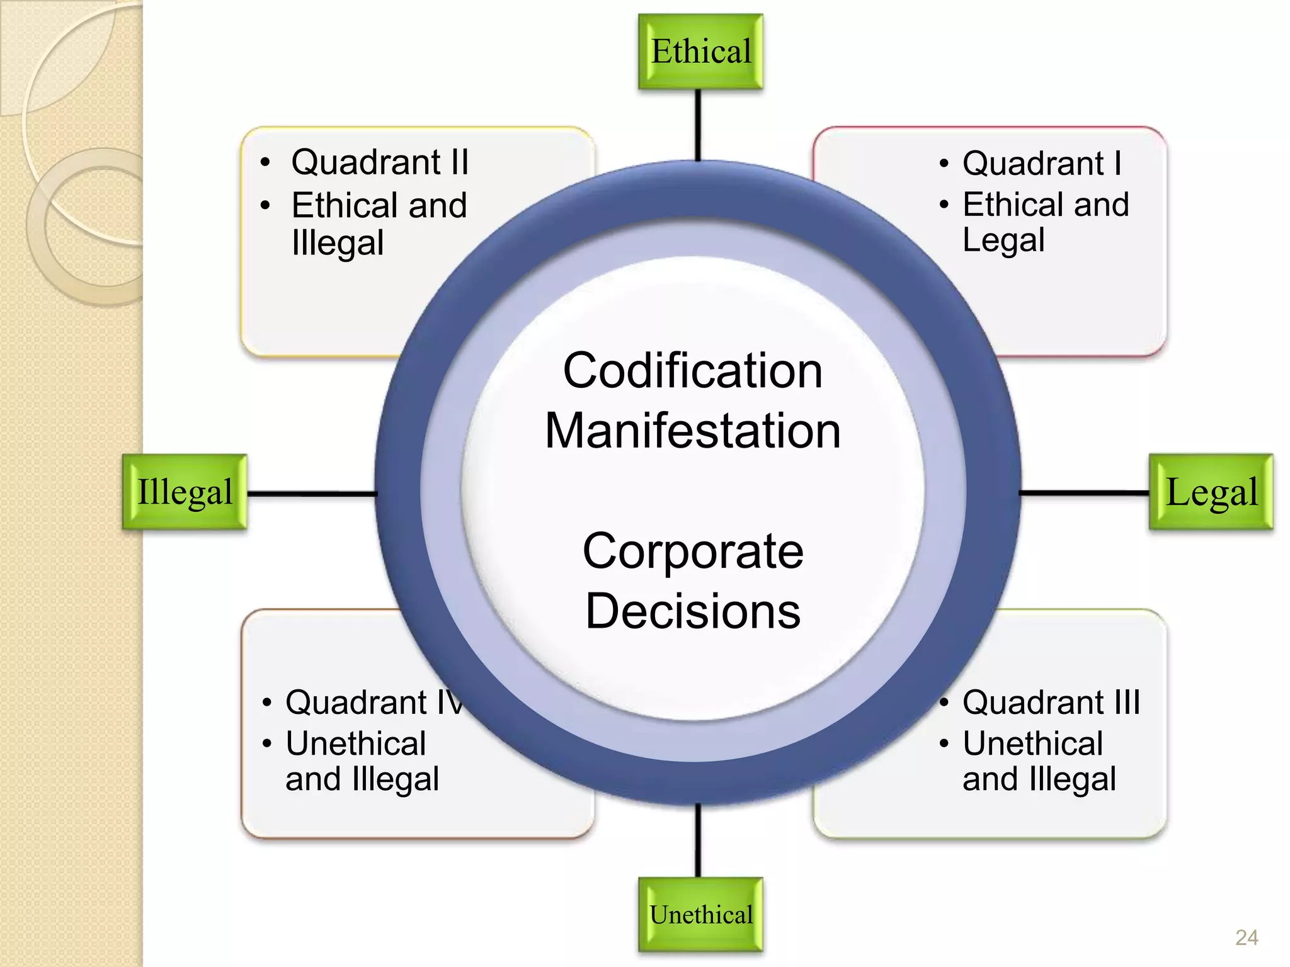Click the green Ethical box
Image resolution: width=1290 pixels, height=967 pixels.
coord(700,52)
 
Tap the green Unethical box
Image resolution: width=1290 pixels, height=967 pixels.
coord(700,914)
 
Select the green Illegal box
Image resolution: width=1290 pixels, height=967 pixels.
coord(185,492)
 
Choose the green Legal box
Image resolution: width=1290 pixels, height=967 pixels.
coord(1211,492)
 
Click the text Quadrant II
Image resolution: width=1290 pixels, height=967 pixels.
coord(380,162)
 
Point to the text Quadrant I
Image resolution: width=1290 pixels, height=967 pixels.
coord(1042,164)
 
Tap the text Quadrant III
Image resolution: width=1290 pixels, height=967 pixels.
coord(1051,703)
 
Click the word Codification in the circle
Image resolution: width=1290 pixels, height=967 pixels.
coord(693,371)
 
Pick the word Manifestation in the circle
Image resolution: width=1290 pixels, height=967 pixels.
coord(693,431)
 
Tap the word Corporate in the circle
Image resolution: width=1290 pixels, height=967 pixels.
coord(693,551)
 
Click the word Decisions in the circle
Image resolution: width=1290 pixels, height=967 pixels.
coord(693,611)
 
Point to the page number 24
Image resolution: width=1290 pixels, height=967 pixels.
coord(1247,937)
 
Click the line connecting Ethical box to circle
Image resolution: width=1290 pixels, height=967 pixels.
coord(698,125)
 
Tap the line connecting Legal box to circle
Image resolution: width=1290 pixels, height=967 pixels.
coord(1083,493)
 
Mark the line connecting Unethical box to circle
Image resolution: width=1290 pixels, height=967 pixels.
coord(698,840)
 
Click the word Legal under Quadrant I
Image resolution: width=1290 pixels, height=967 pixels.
coord(1003,240)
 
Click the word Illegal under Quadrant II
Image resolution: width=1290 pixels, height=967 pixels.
coord(338,244)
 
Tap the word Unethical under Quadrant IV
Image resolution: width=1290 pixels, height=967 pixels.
coord(356,744)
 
